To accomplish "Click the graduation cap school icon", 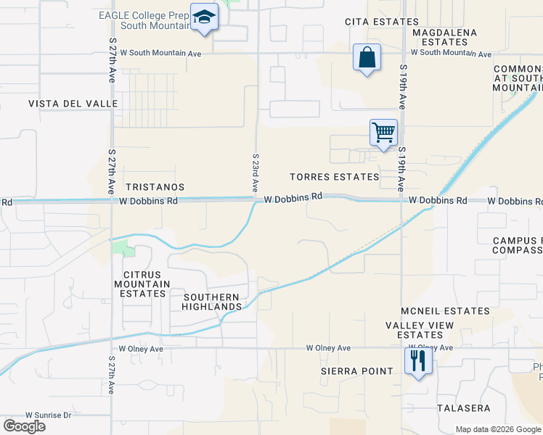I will click(204, 17).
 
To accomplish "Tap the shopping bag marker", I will click(367, 57).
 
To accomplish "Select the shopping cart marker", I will click(383, 133).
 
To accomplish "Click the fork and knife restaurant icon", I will click(417, 360).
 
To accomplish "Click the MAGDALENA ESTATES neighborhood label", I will click(444, 38).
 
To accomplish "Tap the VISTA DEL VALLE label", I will click(73, 104).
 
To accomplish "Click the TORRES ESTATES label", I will click(334, 177).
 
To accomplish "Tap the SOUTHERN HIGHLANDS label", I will click(212, 302).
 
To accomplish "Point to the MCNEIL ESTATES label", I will click(446, 311).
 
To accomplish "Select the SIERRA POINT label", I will click(356, 371).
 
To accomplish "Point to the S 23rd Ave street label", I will click(256, 172).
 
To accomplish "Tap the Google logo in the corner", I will click(24, 426).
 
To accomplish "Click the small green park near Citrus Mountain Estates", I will click(124, 250).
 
